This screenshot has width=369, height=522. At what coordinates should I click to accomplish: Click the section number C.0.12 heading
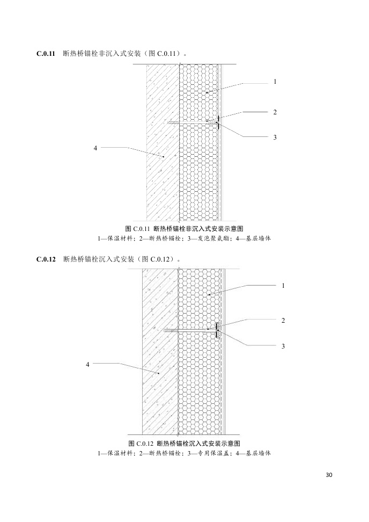point(46,259)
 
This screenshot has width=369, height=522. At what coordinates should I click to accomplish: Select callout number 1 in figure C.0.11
point(275,82)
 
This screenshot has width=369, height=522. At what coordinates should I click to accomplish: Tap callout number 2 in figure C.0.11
point(275,112)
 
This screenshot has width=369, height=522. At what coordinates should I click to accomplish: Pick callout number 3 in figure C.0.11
point(275,137)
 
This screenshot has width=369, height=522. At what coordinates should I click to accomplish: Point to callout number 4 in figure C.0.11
point(95,147)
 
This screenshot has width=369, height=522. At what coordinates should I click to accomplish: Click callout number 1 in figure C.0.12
point(283,286)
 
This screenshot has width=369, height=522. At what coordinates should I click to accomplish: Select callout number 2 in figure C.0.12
point(283,320)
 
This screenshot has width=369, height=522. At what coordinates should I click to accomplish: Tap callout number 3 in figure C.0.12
point(283,346)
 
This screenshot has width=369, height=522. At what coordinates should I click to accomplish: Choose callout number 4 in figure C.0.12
point(88,364)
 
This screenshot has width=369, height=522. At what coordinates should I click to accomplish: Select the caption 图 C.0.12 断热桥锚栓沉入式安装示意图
point(184,443)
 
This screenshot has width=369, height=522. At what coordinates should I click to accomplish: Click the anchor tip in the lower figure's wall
point(168,330)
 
